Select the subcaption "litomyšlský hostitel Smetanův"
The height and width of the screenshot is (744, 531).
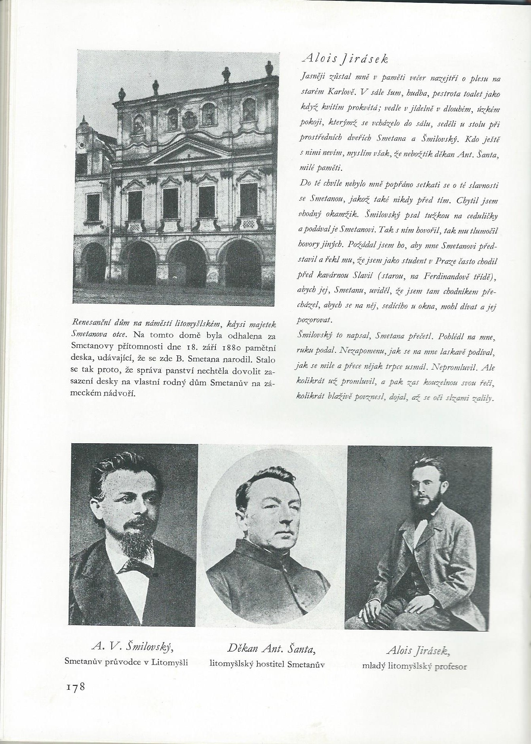(267, 664)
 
